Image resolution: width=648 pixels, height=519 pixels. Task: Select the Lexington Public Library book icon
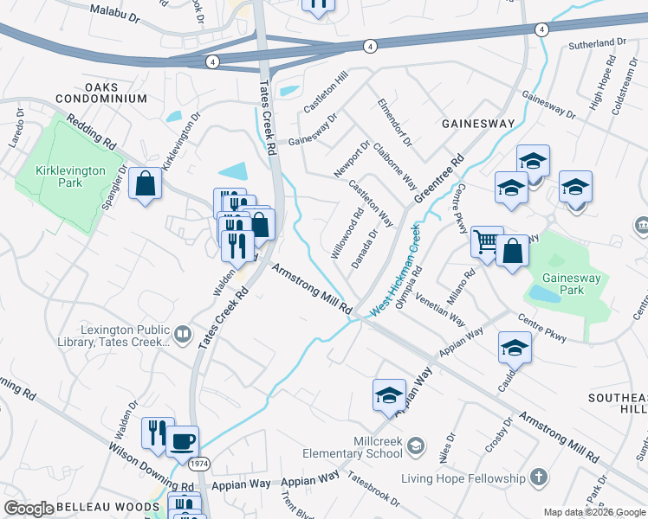[x=183, y=334]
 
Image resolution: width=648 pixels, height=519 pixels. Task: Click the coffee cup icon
[x=182, y=441]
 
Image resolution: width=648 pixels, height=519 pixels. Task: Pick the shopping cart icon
[x=487, y=241]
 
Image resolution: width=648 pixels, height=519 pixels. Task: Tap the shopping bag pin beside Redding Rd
[x=145, y=183]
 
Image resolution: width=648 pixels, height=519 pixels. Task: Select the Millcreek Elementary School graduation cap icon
[x=416, y=445]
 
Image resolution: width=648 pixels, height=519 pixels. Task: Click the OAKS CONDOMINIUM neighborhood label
[x=91, y=93]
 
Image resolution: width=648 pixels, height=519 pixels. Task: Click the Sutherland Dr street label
[x=597, y=42]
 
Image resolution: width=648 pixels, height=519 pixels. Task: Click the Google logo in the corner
[x=29, y=509]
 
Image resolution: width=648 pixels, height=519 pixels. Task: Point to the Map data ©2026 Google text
[x=593, y=512]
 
